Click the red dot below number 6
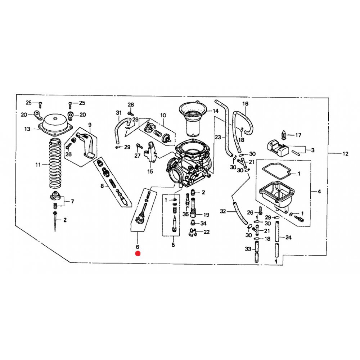tap(138, 254)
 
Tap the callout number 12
tap(345, 154)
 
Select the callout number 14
tap(216, 111)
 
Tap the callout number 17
tap(298, 135)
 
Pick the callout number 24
tap(288, 237)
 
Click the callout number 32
tap(223, 211)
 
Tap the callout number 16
tap(246, 104)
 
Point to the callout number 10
tap(163, 115)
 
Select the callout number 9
tap(90, 125)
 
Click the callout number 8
tap(102, 186)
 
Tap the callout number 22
tap(207, 232)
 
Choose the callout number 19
tap(206, 215)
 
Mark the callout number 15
tap(150, 171)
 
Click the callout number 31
tap(119, 113)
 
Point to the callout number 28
tap(131, 105)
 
